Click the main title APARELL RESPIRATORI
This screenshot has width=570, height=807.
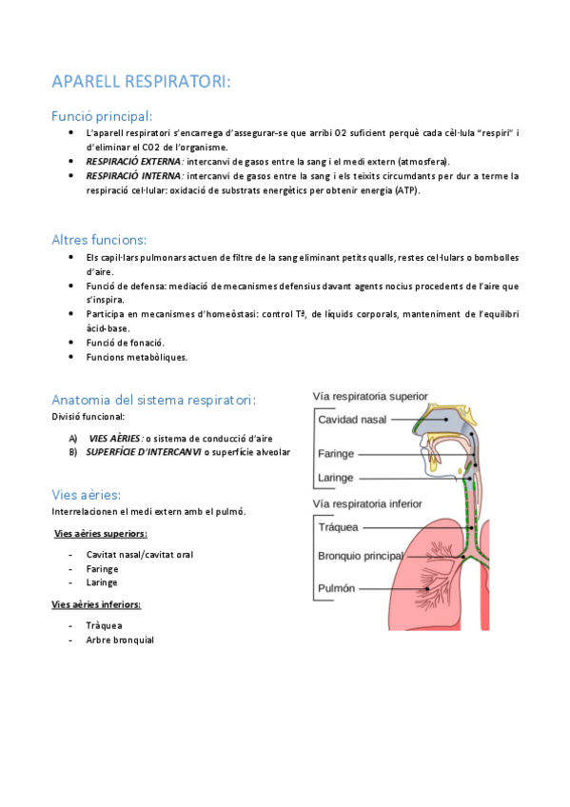point(141,82)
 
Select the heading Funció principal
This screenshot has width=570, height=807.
point(102,116)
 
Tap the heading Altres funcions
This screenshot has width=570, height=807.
point(99,240)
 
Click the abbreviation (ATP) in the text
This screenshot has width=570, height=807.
point(404,190)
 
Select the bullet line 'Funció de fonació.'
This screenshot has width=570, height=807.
point(126,343)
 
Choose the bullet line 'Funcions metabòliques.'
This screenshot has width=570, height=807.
point(137,357)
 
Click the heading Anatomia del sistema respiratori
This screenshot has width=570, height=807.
point(153,399)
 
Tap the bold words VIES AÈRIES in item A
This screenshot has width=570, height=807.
point(115,438)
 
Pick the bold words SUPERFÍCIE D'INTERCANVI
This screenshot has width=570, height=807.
point(144,452)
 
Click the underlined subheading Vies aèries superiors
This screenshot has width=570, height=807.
point(100,534)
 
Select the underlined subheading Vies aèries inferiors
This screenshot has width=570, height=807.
point(96,604)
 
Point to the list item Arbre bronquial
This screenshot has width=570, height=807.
point(120,640)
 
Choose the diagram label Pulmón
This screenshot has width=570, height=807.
point(337,588)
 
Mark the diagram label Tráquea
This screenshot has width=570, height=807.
point(339,525)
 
